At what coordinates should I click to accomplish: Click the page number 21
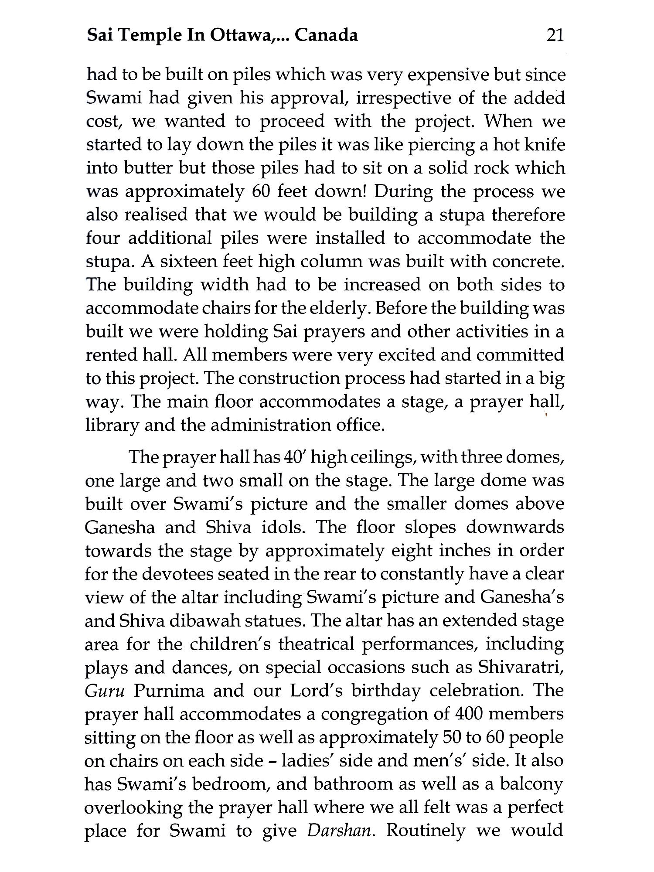[x=555, y=35]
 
